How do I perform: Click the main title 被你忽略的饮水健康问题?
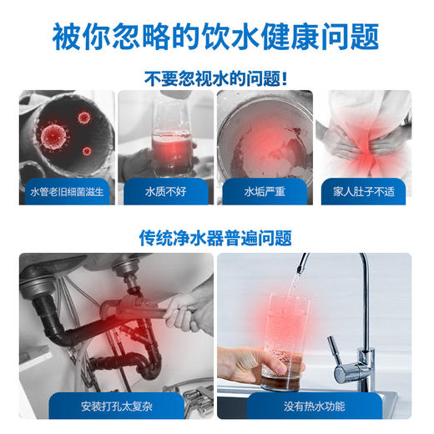pyautogui.click(x=216, y=35)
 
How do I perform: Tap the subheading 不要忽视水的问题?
pyautogui.click(x=216, y=79)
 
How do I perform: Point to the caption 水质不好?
pyautogui.click(x=165, y=192)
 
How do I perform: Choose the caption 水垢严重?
pyautogui.click(x=265, y=192)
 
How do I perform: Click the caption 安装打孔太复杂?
pyautogui.click(x=118, y=408)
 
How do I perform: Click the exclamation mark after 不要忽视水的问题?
pyautogui.click(x=285, y=79)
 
